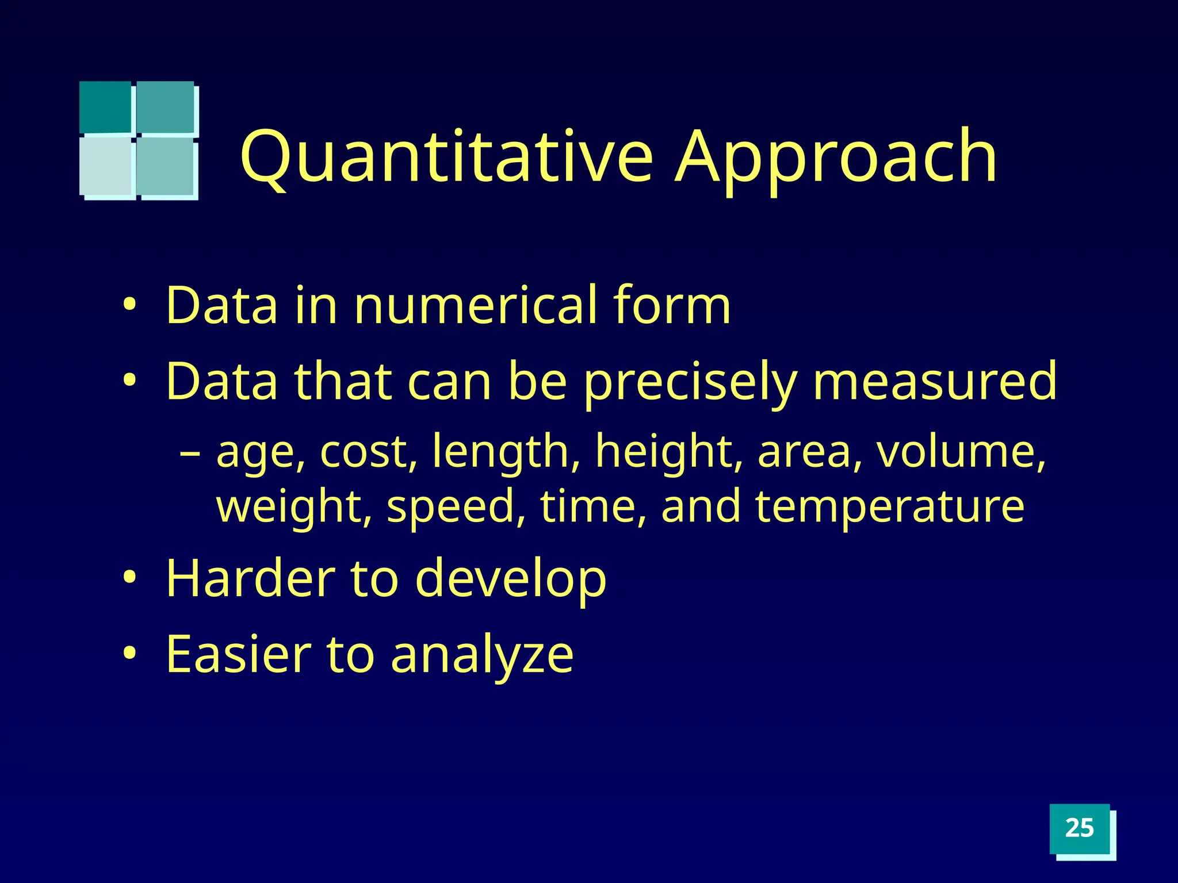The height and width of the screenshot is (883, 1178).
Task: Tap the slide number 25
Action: click(1079, 828)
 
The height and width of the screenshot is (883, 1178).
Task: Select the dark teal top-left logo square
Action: click(105, 107)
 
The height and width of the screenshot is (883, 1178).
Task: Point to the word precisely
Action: click(690, 382)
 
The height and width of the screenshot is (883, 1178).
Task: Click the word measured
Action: click(934, 381)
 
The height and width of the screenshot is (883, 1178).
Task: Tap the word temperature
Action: click(889, 506)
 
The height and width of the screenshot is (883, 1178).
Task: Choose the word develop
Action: click(510, 579)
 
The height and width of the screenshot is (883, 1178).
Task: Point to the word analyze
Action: click(482, 655)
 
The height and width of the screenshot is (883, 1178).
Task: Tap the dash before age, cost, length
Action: click(190, 453)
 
